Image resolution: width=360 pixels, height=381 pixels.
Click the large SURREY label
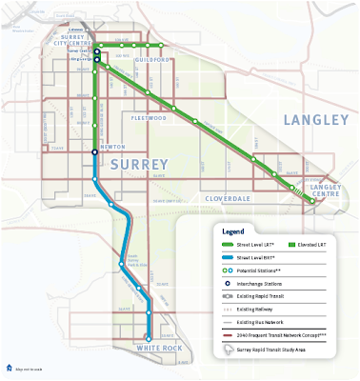[x=141, y=164]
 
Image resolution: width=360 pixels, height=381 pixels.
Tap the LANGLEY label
[x=316, y=120]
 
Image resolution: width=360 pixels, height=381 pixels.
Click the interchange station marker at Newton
[x=95, y=152]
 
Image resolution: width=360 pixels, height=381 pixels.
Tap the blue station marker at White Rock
[x=149, y=337]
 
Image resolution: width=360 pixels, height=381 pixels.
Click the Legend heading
[x=234, y=231]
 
